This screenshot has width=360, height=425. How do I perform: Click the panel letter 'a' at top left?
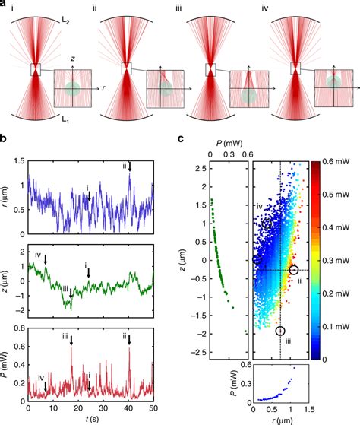click(5, 5)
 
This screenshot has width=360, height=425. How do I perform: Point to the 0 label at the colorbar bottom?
click(327, 357)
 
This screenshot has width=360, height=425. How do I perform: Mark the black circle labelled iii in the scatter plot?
click(280, 331)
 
